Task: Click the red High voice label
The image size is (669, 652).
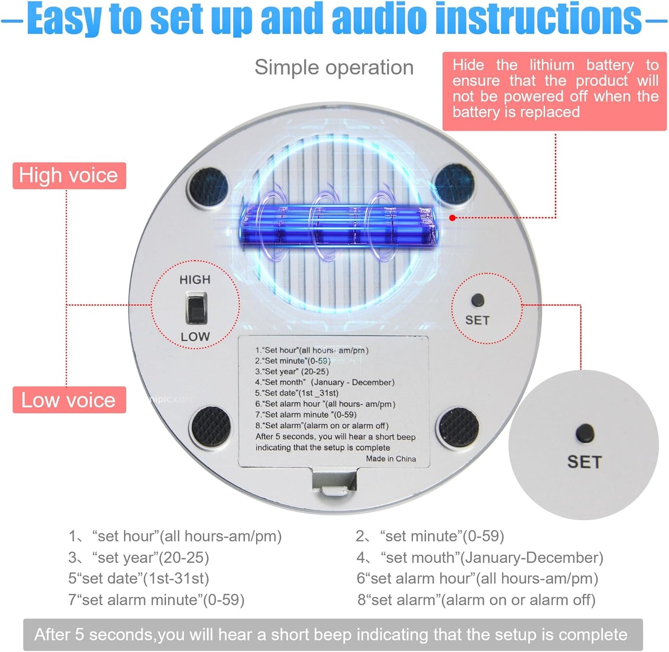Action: coord(69,175)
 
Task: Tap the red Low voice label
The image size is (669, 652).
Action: coord(69,400)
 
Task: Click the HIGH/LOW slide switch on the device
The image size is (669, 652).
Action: coord(196,308)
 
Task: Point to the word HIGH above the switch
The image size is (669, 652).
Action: coord(195,280)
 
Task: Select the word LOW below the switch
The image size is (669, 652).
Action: coord(195,337)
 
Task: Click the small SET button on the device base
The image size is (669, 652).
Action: coord(477,300)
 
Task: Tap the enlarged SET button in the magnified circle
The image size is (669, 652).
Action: coord(585,433)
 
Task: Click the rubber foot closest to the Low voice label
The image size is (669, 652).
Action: coord(211,427)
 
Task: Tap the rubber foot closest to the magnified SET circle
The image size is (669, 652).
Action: coord(459,427)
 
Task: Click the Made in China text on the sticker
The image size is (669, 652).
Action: coord(391,459)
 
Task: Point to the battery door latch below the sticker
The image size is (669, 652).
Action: coord(335,484)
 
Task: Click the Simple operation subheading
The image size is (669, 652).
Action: coord(334,68)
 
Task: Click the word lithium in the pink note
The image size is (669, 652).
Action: coord(551,65)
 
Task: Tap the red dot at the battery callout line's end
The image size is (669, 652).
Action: coord(452,217)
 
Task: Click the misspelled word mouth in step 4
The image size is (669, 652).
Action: coord(434,558)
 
